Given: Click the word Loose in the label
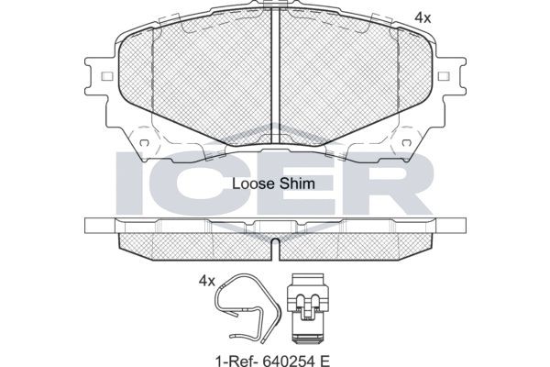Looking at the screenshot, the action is (x=253, y=184).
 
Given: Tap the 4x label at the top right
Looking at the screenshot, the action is (x=423, y=17).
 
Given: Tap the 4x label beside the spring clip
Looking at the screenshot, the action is (x=206, y=281).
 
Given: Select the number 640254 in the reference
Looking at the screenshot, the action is (x=288, y=360).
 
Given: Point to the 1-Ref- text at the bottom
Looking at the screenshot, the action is (x=236, y=360).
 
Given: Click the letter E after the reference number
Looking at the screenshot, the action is (x=324, y=360).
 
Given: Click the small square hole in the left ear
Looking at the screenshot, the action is (x=106, y=76).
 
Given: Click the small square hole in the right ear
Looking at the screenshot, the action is (x=444, y=76).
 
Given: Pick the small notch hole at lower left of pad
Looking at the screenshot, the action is (x=144, y=142).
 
